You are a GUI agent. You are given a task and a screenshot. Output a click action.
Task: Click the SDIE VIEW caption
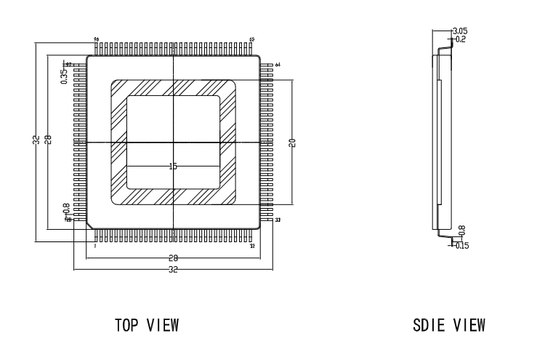coord(451,324)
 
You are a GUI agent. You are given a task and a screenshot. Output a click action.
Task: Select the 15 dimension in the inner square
coord(173,167)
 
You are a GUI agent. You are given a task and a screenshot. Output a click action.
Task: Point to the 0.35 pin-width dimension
coord(64,76)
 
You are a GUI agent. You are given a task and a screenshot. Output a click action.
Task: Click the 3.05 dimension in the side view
coord(460,31)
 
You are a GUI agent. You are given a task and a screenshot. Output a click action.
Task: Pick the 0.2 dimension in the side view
coord(459,39)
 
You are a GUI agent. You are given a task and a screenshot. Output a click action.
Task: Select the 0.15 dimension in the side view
coord(461,245)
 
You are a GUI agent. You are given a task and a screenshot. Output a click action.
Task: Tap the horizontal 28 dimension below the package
coord(173,257)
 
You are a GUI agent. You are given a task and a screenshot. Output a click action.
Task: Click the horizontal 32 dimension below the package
coord(173,269)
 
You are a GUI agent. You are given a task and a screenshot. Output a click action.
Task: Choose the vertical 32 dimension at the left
coord(37,140)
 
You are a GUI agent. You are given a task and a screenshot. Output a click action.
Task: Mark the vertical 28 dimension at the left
coord(49,140)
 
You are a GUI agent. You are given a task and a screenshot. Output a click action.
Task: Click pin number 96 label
coord(96,39)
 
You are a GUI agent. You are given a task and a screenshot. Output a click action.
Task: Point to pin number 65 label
coord(252,39)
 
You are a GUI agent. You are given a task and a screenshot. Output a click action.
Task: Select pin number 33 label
coord(278,220)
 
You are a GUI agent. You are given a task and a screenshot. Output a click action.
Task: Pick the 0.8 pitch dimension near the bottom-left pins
coord(67,209)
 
